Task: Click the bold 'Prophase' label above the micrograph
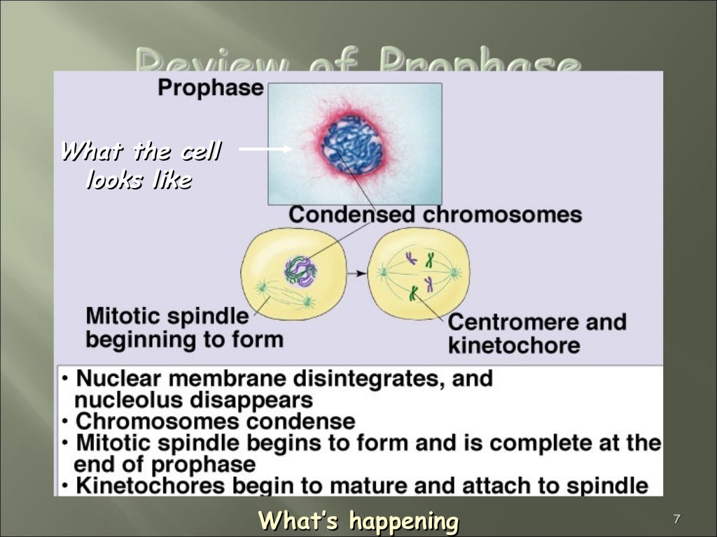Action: (x=210, y=89)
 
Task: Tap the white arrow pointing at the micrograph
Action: (x=265, y=148)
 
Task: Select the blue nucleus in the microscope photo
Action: (x=352, y=145)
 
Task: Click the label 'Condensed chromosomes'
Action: (x=435, y=214)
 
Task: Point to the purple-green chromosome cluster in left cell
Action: (x=300, y=271)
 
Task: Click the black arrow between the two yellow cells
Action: (x=356, y=273)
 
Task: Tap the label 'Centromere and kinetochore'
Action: (x=536, y=334)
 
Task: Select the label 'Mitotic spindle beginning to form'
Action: (x=167, y=328)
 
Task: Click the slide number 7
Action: (x=676, y=519)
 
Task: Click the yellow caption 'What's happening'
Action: (x=358, y=521)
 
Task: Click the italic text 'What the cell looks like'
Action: (x=140, y=166)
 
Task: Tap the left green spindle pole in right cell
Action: (x=384, y=271)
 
